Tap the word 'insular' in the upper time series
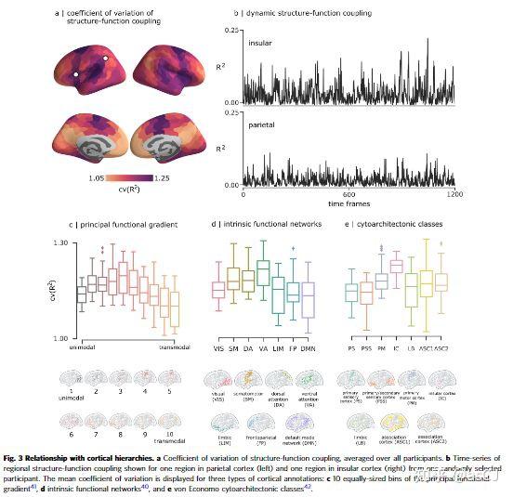tap(261, 44)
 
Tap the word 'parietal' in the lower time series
tap(262, 123)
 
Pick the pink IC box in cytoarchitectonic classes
tap(397, 268)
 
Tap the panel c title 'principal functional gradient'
tap(119, 223)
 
